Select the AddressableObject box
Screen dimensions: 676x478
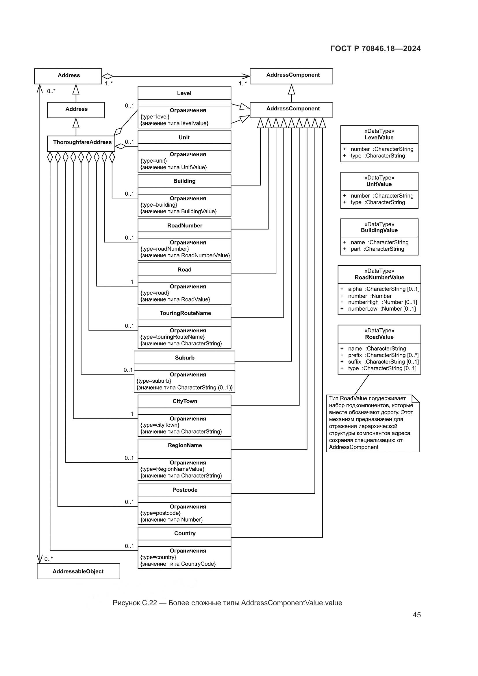point(78,571)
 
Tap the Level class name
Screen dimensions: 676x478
point(184,93)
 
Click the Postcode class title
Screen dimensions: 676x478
point(185,490)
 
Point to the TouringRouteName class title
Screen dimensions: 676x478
point(185,313)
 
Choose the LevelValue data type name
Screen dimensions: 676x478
point(379,138)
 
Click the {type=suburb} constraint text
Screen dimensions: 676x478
point(154,381)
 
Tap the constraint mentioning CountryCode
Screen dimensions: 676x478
point(178,564)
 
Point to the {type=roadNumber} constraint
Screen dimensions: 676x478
point(164,249)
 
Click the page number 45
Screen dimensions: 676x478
point(416,615)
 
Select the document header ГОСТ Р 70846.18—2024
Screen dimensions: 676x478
point(376,49)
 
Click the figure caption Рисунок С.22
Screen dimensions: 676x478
point(227,603)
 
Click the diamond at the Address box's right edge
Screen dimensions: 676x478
point(108,76)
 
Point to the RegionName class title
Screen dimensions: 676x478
point(185,445)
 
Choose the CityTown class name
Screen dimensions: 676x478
point(185,402)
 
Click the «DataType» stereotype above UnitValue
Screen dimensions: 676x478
point(379,178)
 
